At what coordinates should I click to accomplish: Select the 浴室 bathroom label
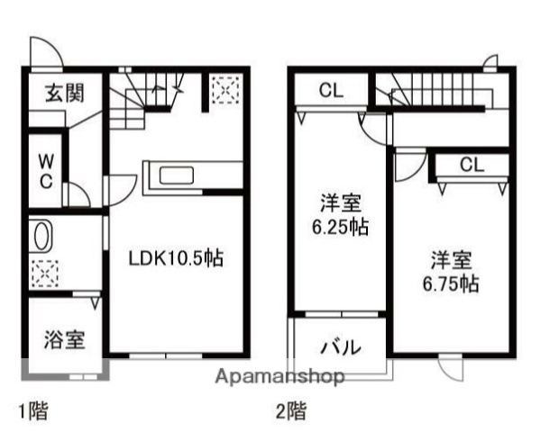click(x=65, y=340)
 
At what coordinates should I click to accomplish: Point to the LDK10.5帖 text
click(x=175, y=258)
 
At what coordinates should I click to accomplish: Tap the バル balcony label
click(x=342, y=346)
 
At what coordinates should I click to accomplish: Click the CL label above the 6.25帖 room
click(x=331, y=90)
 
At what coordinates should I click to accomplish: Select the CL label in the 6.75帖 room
click(x=471, y=165)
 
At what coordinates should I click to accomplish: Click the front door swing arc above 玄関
click(x=45, y=52)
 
